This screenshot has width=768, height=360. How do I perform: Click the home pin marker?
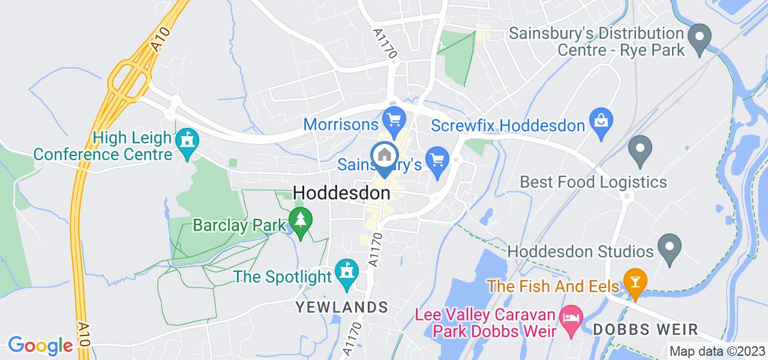pos(385,157)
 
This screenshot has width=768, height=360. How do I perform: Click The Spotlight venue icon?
pos(346,270)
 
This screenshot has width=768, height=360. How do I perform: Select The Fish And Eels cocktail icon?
pos(634,280)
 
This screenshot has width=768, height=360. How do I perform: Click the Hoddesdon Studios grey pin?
pos(668,246)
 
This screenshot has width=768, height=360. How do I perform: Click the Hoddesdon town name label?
pos(341,193)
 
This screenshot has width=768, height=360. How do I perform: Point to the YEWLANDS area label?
pos(341,307)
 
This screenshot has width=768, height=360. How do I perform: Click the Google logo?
pos(40,346)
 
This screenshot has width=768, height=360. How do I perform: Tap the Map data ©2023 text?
pos(717,352)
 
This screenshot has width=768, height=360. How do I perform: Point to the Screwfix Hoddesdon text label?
pos(508,126)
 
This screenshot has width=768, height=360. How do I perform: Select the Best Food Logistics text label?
pos(593,181)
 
